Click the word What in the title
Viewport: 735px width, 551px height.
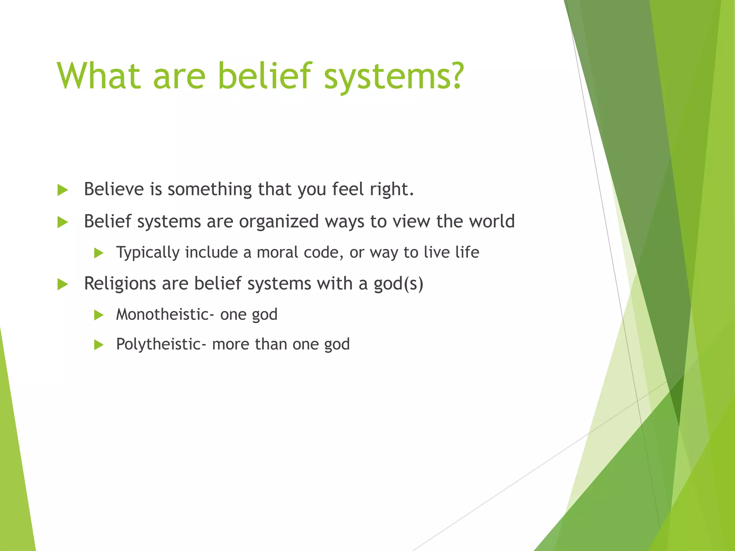99,76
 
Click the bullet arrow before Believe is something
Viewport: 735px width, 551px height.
62,190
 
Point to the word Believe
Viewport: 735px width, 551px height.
114,189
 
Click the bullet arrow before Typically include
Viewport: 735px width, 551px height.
98,253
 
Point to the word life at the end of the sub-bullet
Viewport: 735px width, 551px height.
467,252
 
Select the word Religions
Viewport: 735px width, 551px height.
120,284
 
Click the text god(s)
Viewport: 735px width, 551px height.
398,284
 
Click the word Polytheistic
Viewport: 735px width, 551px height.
159,344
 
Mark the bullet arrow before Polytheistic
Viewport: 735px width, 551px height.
98,345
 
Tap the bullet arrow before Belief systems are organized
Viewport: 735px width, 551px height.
62,222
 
